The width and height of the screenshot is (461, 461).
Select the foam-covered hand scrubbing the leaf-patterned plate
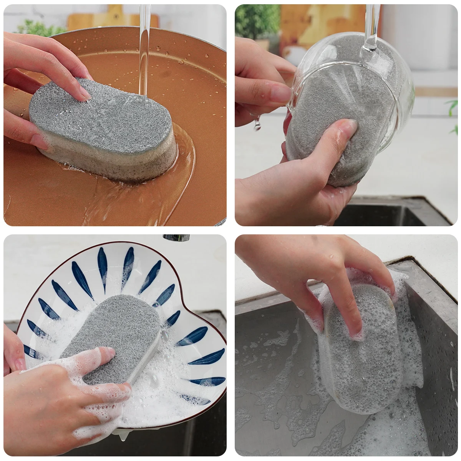pyautogui.click(x=58, y=400)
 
